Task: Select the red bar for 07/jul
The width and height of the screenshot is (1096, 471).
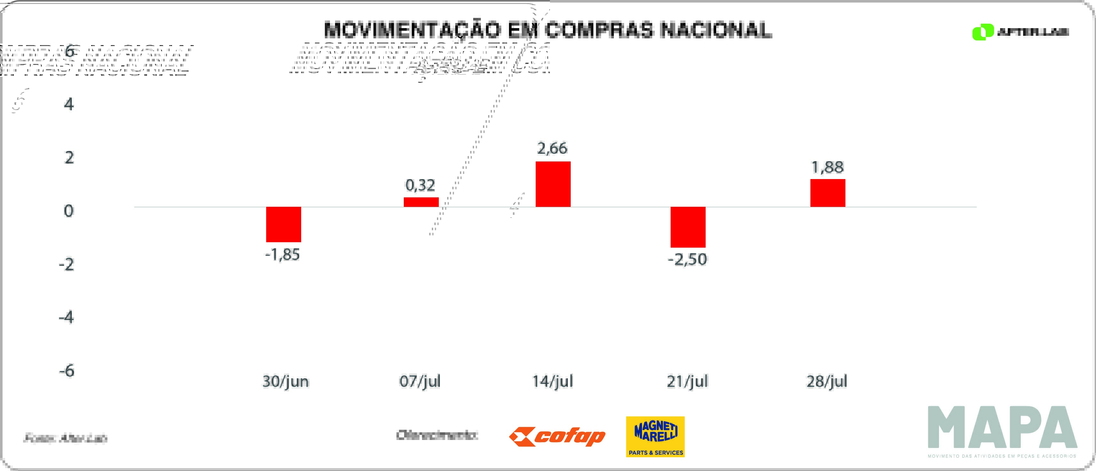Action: click(x=421, y=202)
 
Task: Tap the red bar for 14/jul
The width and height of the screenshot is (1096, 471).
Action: click(x=553, y=184)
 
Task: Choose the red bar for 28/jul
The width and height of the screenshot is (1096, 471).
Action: click(x=827, y=193)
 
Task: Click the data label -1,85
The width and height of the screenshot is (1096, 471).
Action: click(x=283, y=255)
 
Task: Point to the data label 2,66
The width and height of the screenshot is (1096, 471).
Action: click(x=552, y=148)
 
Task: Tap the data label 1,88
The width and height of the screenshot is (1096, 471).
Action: click(x=827, y=167)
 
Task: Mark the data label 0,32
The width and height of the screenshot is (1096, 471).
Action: click(x=420, y=185)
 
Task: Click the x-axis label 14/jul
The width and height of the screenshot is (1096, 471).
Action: click(x=553, y=381)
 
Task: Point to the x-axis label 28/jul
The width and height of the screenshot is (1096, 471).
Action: click(x=827, y=381)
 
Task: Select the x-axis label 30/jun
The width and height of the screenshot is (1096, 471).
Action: click(x=286, y=381)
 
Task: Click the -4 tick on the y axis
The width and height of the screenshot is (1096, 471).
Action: click(x=67, y=318)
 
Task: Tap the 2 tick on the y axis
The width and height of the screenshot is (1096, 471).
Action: click(x=69, y=158)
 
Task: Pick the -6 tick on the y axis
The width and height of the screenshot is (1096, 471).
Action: click(x=67, y=371)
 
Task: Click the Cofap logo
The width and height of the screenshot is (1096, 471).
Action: click(x=557, y=436)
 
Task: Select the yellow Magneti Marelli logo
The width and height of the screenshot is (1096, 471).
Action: click(x=655, y=436)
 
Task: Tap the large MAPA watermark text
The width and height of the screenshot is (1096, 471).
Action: click(x=1002, y=428)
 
